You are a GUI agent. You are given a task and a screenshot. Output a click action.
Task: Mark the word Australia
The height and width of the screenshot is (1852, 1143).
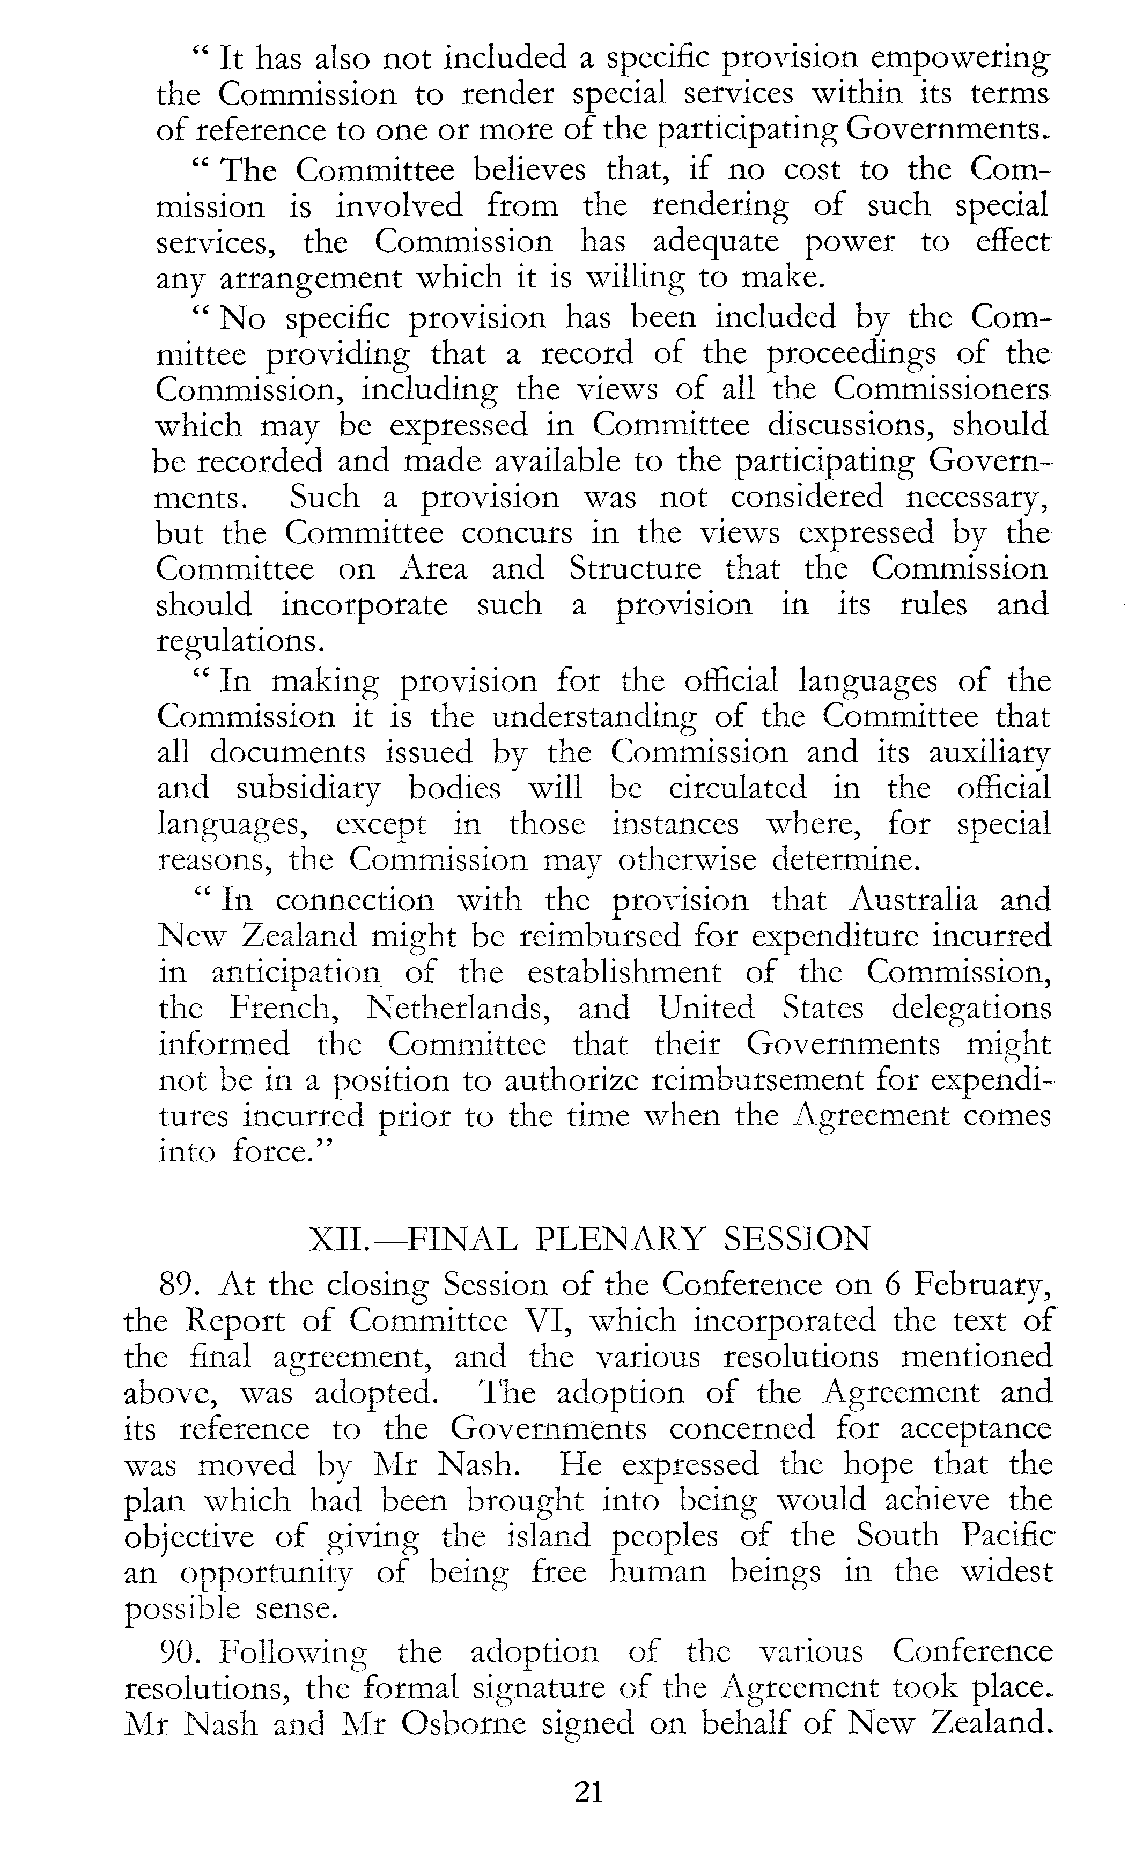click(913, 901)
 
